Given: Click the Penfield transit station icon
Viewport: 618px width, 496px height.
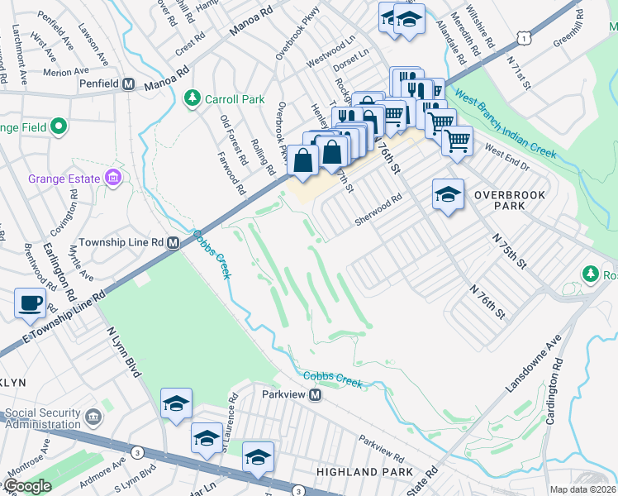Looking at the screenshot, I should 129,84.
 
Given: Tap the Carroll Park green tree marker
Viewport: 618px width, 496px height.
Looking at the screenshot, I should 192,99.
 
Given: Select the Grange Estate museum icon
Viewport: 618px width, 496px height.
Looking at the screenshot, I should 112,179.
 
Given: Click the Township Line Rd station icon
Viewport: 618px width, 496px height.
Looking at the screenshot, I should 174,242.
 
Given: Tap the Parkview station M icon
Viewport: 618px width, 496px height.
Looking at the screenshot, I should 315,395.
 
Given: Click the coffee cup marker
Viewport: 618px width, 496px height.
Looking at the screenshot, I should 31,303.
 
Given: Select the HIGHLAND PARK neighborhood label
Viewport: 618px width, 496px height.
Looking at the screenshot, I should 364,471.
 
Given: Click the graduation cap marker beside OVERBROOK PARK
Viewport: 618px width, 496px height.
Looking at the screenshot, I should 447,195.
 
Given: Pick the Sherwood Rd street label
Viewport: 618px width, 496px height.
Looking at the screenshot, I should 378,209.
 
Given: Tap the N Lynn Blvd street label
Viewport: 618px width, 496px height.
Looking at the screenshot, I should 121,350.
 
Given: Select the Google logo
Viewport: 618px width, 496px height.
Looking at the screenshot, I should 28,486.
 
